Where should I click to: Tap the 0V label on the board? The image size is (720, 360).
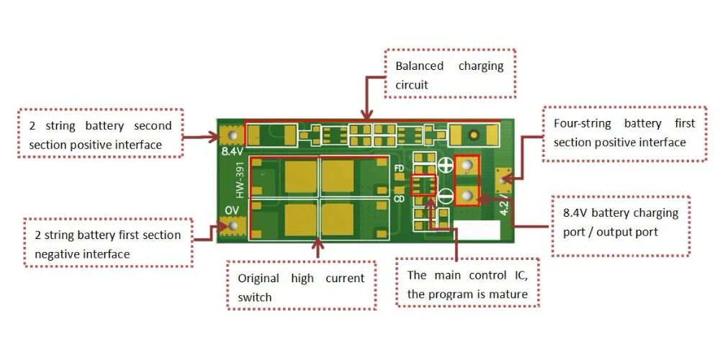click(232, 210)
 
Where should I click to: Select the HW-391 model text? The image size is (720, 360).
click(241, 182)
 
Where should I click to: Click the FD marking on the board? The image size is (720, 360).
click(399, 168)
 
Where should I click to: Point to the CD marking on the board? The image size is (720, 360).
click(399, 199)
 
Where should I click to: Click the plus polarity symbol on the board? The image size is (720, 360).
click(445, 166)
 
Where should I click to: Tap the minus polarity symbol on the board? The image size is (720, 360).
click(445, 196)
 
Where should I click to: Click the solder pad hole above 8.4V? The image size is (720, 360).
click(233, 135)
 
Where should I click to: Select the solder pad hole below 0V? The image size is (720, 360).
click(233, 226)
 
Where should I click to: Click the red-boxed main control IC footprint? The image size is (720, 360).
click(423, 185)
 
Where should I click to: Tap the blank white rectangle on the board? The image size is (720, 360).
click(477, 230)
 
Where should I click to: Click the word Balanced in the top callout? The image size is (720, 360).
click(420, 66)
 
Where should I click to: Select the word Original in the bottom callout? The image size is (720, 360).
click(258, 278)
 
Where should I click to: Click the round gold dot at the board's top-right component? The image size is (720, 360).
click(474, 135)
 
